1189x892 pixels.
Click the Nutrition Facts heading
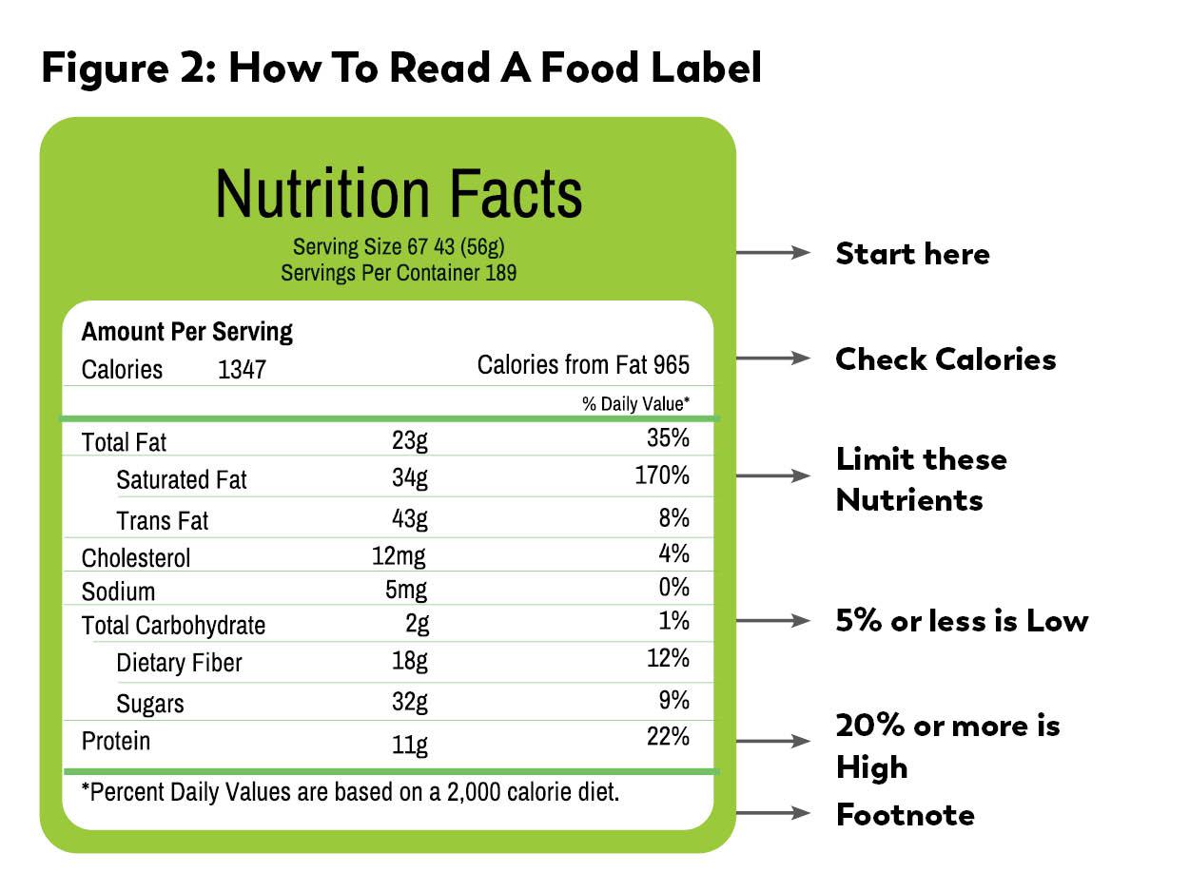399,194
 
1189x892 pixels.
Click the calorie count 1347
242,369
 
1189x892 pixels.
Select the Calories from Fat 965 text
583,365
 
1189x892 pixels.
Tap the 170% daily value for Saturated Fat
662,475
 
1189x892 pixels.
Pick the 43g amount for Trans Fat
410,518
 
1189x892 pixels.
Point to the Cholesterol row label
136,557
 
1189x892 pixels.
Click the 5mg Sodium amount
406,590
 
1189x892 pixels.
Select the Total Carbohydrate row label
173,625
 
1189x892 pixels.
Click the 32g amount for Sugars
410,702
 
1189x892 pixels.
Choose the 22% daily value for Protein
668,737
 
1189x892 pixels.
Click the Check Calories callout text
945,359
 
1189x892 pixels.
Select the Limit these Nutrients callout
921,479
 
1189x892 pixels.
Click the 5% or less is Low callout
962,621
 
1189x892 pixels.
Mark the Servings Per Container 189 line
399,273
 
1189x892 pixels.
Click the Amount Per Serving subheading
187,332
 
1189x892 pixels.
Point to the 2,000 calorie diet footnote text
350,791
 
